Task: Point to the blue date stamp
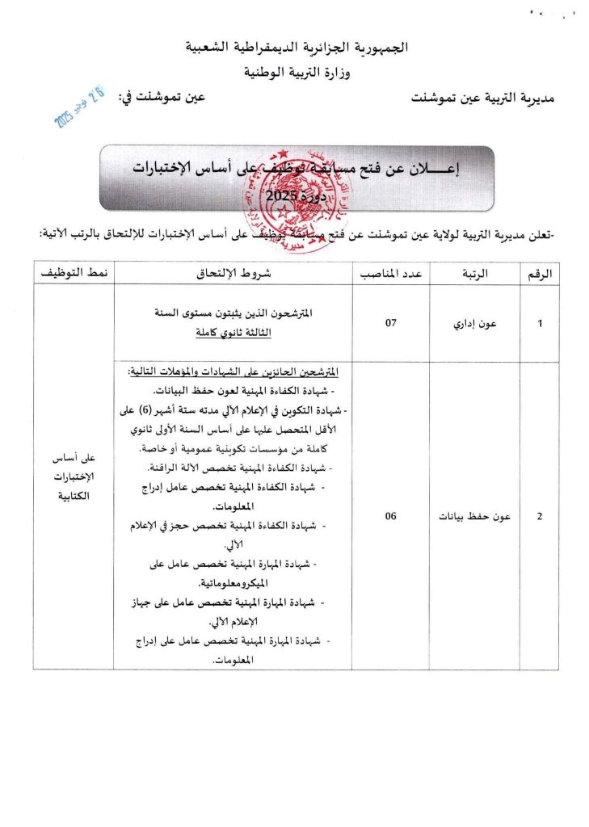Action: (x=78, y=109)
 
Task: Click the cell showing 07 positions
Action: (x=392, y=323)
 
